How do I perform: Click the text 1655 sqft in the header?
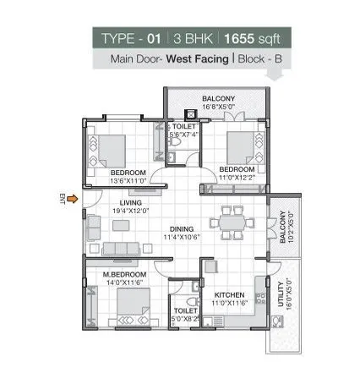click(x=256, y=39)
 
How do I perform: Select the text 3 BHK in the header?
click(x=194, y=39)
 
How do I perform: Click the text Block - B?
click(x=261, y=60)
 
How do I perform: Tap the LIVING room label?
click(x=131, y=202)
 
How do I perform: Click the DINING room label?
click(x=181, y=228)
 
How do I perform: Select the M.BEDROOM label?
click(x=124, y=275)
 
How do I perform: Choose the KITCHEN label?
click(x=229, y=295)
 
